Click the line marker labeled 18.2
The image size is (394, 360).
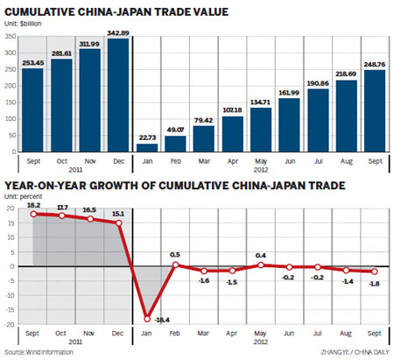coord(34,213)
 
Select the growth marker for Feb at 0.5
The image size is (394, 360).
coord(176,264)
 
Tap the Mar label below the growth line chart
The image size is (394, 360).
coord(204,334)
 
